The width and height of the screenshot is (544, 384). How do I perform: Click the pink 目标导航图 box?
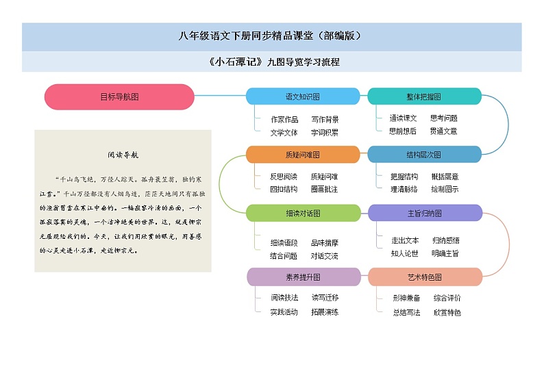119,97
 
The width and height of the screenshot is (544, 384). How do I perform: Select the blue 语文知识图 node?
302,97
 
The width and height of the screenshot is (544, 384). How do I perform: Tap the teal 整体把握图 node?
424,97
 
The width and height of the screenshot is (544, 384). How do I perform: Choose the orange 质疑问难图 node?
302,155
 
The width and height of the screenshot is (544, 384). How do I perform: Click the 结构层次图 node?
424,155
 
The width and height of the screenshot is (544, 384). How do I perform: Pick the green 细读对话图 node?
302,213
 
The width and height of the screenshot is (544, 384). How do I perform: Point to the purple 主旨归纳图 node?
424,213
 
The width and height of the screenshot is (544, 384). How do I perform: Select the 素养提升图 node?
302,277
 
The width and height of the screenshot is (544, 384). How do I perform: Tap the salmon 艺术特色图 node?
424,277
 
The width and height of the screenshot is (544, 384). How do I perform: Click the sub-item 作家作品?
284,119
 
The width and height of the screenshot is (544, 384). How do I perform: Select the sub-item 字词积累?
324,132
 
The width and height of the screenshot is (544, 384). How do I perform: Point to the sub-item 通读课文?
403,118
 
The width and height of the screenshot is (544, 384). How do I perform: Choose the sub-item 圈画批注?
324,189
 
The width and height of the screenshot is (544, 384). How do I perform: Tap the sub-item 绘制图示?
445,189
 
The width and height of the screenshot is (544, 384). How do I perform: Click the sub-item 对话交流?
324,256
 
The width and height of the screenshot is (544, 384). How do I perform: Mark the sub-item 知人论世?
404,253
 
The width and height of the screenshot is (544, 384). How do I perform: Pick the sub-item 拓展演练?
324,312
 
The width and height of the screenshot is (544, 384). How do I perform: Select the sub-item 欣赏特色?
447,313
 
